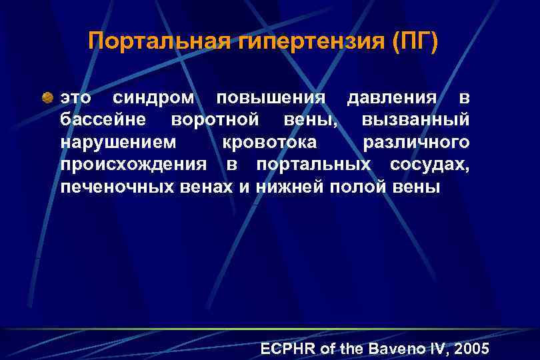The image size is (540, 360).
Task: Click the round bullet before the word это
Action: (x=48, y=98)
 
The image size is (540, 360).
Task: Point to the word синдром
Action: (x=154, y=98)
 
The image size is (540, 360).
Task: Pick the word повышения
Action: (x=271, y=98)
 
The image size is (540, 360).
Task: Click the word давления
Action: (x=392, y=98)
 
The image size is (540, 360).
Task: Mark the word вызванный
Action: (x=416, y=120)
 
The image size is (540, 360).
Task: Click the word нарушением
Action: (x=119, y=142)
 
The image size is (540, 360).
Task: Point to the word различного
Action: (x=416, y=142)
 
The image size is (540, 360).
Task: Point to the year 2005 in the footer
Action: (x=470, y=349)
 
